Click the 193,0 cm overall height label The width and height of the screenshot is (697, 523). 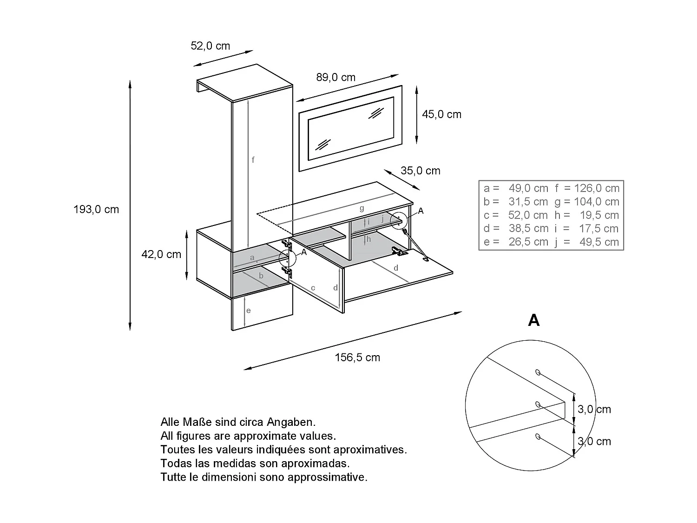[96, 209]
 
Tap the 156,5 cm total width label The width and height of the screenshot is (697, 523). [357, 357]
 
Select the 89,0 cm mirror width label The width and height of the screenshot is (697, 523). [335, 77]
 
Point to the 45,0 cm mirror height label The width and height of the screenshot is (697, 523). [441, 114]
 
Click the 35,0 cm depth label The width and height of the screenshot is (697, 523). [420, 171]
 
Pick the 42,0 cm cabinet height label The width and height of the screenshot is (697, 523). [161, 254]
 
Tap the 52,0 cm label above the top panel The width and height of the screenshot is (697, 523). [210, 46]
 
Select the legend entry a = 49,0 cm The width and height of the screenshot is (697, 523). [516, 188]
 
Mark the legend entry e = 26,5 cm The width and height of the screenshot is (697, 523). [516, 242]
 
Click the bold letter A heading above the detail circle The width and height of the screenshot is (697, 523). [534, 320]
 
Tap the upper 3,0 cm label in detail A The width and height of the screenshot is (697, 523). [594, 409]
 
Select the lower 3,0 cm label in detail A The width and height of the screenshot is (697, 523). [594, 441]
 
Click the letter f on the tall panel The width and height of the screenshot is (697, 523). [253, 160]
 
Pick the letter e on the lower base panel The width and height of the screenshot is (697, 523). [249, 311]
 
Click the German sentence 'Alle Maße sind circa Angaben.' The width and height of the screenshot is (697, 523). [238, 422]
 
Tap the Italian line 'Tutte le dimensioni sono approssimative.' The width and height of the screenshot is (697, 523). [263, 477]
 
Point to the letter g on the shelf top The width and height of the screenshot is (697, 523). [362, 208]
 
